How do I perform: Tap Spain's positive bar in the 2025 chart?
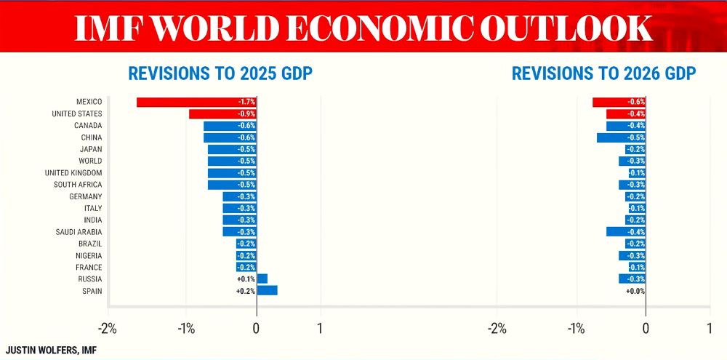pos(267,290)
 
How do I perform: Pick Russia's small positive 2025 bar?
pos(262,279)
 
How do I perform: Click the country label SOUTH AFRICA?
pos(82,185)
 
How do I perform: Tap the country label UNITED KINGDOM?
pos(73,172)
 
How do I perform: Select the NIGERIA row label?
pos(89,255)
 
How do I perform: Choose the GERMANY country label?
pos(86,196)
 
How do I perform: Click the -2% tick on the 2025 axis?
pos(108,328)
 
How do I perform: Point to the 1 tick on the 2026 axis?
pos(710,328)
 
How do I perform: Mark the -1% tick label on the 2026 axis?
pos(577,328)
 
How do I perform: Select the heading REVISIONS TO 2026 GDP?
pos(604,73)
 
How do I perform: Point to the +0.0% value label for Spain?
pos(635,291)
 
